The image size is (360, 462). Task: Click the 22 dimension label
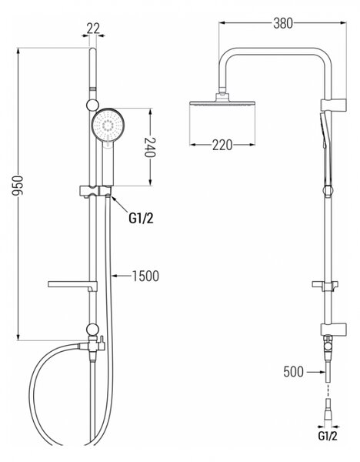pyautogui.click(x=93, y=28)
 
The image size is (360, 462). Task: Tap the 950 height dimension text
pyautogui.click(x=18, y=186)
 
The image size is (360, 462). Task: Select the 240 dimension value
pyautogui.click(x=150, y=147)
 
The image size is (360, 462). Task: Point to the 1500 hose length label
pyautogui.click(x=145, y=276)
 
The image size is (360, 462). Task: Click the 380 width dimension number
pyautogui.click(x=283, y=23)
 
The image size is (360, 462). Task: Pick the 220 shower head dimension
pyautogui.click(x=222, y=145)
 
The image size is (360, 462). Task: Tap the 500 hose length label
pyautogui.click(x=294, y=372)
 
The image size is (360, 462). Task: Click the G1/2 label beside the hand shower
pyautogui.click(x=141, y=218)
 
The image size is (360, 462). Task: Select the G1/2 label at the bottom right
pyautogui.click(x=328, y=436)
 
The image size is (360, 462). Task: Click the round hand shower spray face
pyautogui.click(x=108, y=126)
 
